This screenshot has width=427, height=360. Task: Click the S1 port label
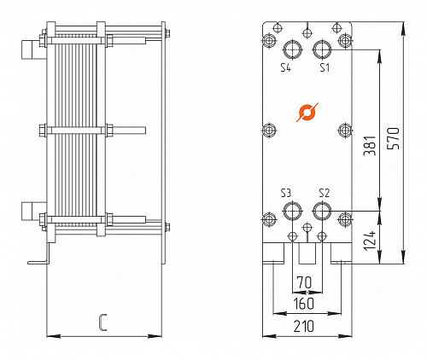pos(325,67)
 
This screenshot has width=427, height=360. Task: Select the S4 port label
pos(286,67)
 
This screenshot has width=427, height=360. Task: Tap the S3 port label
pos(286,193)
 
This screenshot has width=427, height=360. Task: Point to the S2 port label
pos(325,193)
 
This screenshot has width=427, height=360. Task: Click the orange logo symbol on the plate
pos(307,113)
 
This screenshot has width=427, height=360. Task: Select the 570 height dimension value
pos(395,138)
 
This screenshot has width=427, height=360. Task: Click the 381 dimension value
pos(371,146)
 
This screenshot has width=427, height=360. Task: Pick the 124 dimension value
pos(370,241)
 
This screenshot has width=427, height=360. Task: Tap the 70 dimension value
pos(304,282)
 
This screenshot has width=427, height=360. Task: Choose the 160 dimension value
pos(304,304)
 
